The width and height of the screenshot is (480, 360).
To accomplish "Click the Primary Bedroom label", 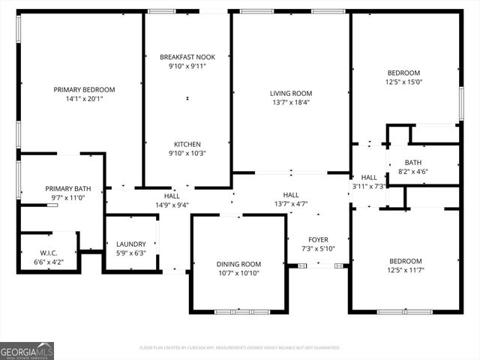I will point(84,90).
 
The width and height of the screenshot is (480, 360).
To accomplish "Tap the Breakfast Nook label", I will point(187,57).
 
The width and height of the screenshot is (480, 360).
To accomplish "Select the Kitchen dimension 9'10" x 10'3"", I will point(187,153).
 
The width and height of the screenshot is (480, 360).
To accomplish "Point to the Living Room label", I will point(290,94).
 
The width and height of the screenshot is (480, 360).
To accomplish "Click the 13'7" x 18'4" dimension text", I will point(290,103).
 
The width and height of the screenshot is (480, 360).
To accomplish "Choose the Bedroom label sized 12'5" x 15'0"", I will point(404,73).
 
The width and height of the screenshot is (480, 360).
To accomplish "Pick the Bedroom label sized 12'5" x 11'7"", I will point(404,261).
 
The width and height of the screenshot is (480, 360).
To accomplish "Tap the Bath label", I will point(413,162).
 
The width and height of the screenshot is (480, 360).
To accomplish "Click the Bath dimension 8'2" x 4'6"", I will point(413,171).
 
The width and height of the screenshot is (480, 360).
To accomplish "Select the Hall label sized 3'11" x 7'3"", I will point(369,177).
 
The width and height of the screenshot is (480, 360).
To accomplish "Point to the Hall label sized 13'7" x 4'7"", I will point(291,195).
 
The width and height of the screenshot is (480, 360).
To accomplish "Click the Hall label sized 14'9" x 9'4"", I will point(172,195).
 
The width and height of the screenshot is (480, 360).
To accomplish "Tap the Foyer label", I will point(319,240).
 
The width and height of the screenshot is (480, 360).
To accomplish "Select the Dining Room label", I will point(238,264).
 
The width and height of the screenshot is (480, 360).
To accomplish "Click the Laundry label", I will point(130,244).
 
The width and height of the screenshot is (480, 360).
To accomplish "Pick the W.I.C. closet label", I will point(49,253).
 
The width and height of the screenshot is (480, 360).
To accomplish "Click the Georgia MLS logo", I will point(27,351).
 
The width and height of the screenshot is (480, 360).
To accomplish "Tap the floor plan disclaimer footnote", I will point(239,347).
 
